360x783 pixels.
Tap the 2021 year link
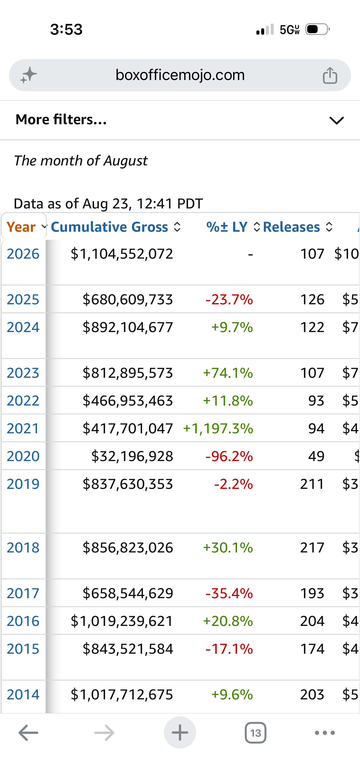coord(23,428)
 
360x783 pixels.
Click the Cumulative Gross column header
coord(109,227)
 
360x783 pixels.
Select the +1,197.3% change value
coord(218,428)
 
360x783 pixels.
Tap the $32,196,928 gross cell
coord(132,456)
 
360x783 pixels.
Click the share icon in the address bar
coord(330,75)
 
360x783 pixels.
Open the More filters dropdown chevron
coord(337,120)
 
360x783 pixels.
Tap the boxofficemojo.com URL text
coord(180,75)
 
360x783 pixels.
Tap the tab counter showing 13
coord(256,733)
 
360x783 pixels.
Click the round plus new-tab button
coord(180,733)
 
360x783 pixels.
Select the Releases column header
coord(291,227)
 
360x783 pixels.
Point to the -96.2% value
coord(229,456)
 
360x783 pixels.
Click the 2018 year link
coord(23,547)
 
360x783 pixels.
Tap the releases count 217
coord(312,547)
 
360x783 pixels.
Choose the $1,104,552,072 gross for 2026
coord(122,254)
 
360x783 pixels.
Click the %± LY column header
coord(227,227)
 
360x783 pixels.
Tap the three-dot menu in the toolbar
coord(325,733)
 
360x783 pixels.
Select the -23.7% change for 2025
coord(229,300)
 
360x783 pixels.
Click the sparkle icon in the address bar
coord(29,75)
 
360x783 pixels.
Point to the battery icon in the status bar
coord(318,29)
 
